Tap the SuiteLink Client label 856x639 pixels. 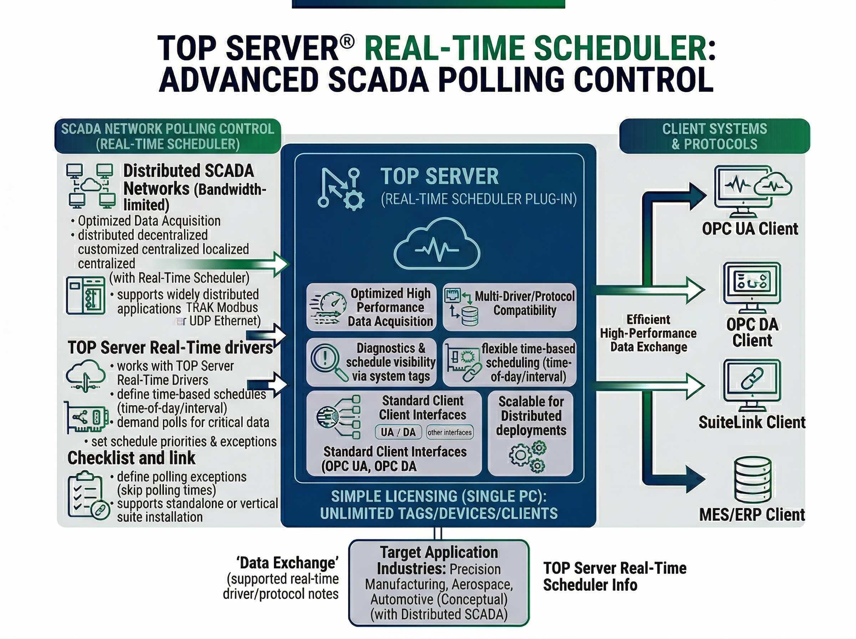pyautogui.click(x=751, y=422)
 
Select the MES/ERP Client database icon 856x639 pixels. pyautogui.click(x=753, y=480)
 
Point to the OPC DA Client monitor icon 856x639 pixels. pyautogui.click(x=752, y=287)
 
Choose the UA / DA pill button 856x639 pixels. pyautogui.click(x=398, y=432)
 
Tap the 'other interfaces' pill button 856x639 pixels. pyautogui.click(x=449, y=433)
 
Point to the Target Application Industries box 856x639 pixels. pyautogui.click(x=439, y=583)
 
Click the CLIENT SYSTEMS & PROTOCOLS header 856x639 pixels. pyautogui.click(x=714, y=136)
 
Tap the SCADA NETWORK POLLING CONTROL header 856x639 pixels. pyautogui.click(x=168, y=136)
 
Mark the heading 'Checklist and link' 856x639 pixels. pyautogui.click(x=132, y=458)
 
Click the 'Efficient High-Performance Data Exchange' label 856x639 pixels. pyautogui.click(x=648, y=333)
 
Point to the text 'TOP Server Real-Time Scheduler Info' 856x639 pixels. pyautogui.click(x=614, y=576)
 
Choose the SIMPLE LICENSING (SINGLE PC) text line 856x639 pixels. pyautogui.click(x=439, y=496)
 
